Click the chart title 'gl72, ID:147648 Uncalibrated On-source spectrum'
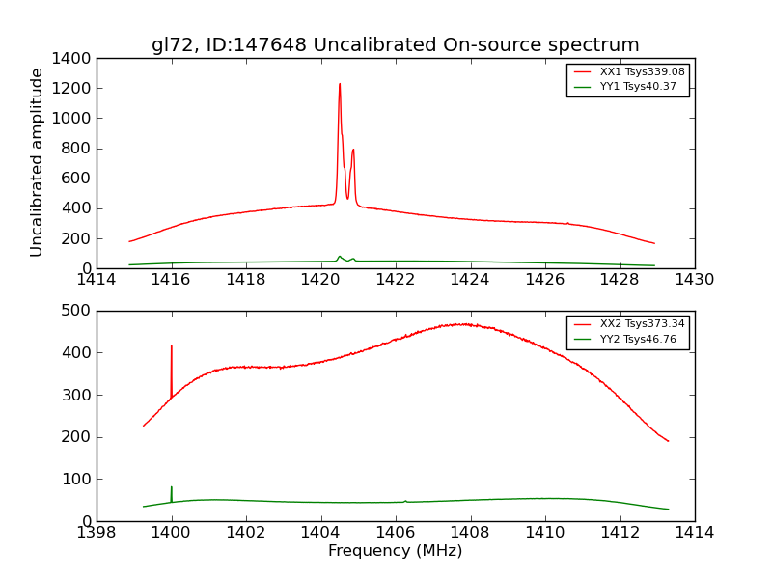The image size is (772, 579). [x=395, y=45]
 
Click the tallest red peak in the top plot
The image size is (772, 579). [x=340, y=85]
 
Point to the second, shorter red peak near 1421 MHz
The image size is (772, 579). [x=353, y=151]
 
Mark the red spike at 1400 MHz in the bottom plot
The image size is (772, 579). [x=172, y=347]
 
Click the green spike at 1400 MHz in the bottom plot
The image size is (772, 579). [x=172, y=488]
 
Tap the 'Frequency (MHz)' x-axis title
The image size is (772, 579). [x=395, y=551]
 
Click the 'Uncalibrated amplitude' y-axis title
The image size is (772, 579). [x=37, y=162]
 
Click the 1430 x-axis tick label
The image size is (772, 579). [x=694, y=280]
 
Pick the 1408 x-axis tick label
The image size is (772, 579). [x=470, y=532]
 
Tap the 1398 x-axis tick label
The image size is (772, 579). [x=96, y=532]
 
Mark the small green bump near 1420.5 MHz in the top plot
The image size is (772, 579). [x=340, y=257]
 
